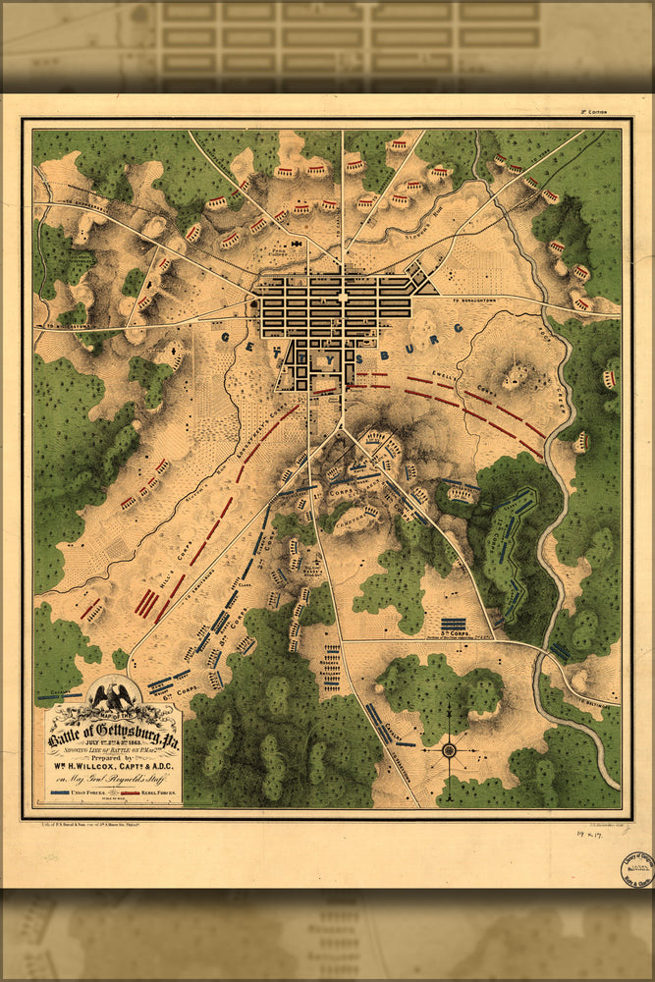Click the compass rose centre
coord(449,750)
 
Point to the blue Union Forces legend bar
coord(68,791)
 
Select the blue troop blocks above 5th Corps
coord(453,623)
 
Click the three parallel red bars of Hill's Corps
coord(147,603)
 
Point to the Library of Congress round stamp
coord(636,868)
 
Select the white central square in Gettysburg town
coord(343,296)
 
